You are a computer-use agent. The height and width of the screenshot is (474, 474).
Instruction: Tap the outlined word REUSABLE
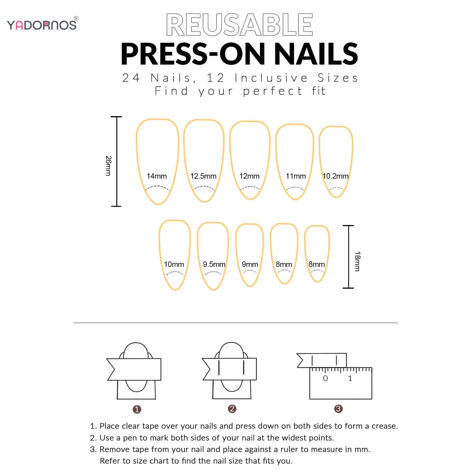click(x=240, y=25)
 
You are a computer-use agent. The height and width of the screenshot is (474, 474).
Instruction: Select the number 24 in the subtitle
click(x=131, y=78)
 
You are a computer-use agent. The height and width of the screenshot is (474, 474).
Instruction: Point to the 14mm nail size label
click(x=157, y=176)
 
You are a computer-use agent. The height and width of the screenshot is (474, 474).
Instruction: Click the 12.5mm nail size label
click(x=203, y=176)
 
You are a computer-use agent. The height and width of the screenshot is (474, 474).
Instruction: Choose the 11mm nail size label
click(x=296, y=176)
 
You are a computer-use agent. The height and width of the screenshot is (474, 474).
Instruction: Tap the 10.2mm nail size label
click(x=335, y=176)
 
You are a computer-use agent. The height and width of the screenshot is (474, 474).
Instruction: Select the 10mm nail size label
click(x=174, y=264)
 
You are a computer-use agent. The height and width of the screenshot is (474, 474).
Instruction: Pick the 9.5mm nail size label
click(x=214, y=264)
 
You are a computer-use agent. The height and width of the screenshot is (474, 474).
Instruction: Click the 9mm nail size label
click(x=250, y=264)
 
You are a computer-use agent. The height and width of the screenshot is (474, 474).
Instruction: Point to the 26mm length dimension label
click(x=108, y=166)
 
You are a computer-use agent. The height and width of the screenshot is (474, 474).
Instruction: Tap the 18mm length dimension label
click(x=357, y=261)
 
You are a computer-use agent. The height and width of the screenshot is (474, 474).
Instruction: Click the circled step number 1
click(x=137, y=410)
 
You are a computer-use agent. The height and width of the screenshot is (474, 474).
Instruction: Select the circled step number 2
click(x=232, y=409)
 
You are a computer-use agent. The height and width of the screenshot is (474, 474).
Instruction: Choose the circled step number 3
click(x=338, y=409)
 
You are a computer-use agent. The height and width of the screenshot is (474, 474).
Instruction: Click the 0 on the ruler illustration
click(x=325, y=378)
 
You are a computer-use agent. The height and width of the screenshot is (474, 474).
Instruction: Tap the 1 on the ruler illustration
click(x=350, y=378)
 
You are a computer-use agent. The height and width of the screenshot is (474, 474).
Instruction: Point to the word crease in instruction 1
click(x=384, y=426)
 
